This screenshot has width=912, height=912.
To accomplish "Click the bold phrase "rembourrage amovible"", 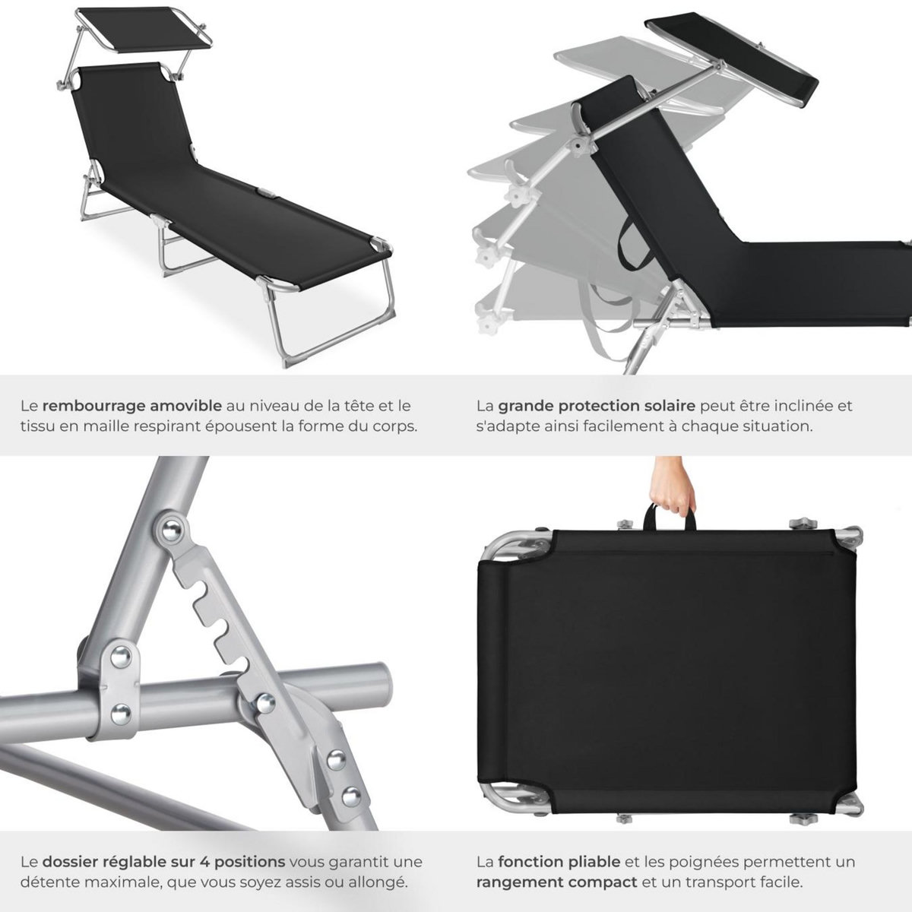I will [x=132, y=406].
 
